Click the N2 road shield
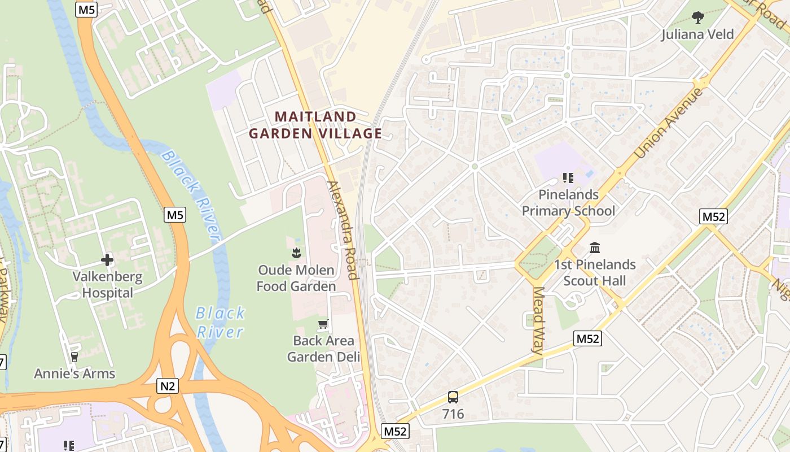[x=168, y=386]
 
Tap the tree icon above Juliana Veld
[x=698, y=18]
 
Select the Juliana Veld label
[x=698, y=34]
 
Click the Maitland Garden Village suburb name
[x=315, y=125]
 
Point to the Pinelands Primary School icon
[x=568, y=179]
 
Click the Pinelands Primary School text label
[x=568, y=203]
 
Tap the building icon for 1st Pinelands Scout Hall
[x=595, y=247]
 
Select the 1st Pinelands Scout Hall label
[x=595, y=273]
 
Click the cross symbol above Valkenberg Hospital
[x=107, y=260]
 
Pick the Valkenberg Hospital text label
[x=107, y=285]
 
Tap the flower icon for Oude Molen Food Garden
[x=296, y=253]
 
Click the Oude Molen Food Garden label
[x=296, y=279]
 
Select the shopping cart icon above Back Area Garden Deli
[x=323, y=324]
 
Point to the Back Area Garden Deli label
[x=323, y=349]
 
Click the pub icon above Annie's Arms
[x=74, y=357]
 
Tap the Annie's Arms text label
[x=74, y=374]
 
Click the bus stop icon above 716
[x=453, y=397]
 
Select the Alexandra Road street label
[x=343, y=230]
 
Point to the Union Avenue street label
[x=669, y=123]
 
